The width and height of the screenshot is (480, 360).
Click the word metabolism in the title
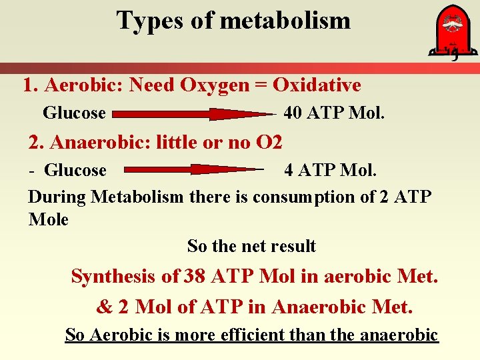point(285,21)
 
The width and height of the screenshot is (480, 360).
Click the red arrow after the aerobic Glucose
point(193,114)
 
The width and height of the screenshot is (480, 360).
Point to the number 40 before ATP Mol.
point(293,113)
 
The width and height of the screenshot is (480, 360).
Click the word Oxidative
point(317,85)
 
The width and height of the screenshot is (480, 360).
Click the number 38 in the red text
point(197,275)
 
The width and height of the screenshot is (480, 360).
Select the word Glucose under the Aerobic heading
point(74,113)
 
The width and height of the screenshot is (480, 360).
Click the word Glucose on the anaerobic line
point(75,171)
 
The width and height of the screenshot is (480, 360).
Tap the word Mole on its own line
point(49,219)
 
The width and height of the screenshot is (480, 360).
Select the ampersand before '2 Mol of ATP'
point(105,307)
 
